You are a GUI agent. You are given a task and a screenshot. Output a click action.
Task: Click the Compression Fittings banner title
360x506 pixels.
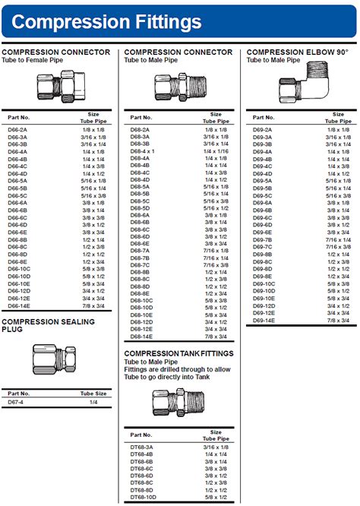coord(107,21)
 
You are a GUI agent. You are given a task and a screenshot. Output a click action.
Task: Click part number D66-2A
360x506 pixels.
coord(17,131)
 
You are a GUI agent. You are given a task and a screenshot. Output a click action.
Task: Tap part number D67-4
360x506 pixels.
coord(16,402)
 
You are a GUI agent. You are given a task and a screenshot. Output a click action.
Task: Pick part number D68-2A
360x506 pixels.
coord(140,131)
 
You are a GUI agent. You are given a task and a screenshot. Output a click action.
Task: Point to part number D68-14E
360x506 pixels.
coord(142,336)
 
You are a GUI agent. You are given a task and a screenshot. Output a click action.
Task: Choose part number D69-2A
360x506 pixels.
coord(262,131)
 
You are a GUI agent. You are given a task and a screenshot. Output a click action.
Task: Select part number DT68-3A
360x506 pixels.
coord(142,447)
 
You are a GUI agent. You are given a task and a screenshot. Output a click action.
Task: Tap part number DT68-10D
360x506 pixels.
coord(144,497)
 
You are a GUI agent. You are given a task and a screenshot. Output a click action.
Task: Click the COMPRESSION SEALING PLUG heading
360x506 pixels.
coord(48,325)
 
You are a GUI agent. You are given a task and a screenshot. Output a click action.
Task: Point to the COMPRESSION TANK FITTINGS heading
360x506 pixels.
coord(178,353)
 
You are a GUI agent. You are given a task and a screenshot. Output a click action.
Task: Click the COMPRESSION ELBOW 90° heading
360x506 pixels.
coord(297,52)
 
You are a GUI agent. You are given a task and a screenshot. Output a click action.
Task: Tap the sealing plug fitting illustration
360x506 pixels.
coord(55,359)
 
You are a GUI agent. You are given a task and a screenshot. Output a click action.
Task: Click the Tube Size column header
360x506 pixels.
coord(94,394)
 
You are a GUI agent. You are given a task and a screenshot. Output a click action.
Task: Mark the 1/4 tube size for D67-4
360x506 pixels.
coord(94,402)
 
